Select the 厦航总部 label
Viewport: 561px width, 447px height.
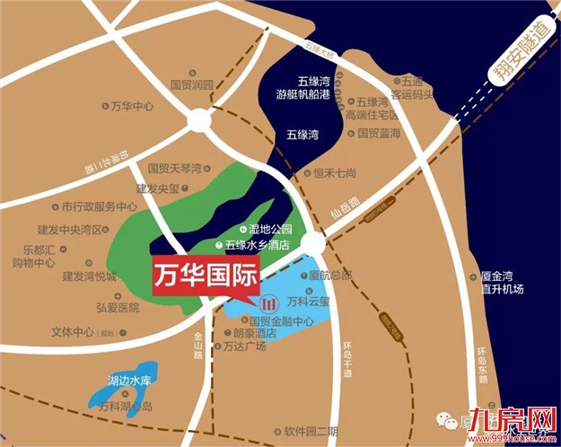[x=331, y=275]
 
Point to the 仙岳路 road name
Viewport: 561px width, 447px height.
[x=344, y=210]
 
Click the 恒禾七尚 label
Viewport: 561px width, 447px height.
[x=335, y=173]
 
